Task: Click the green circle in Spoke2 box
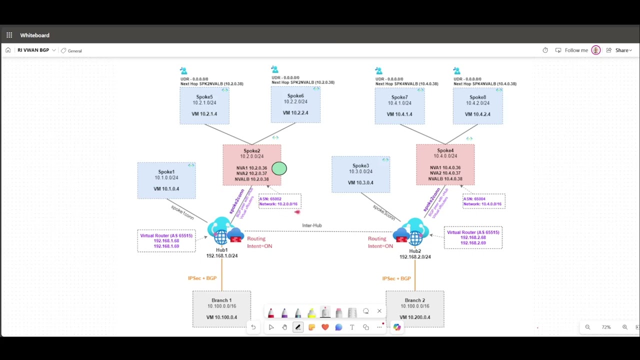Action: [279, 168]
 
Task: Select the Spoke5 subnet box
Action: [204, 105]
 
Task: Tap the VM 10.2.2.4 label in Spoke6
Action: [295, 113]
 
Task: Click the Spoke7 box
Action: [399, 105]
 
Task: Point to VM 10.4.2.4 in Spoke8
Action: [477, 114]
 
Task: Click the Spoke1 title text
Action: [166, 172]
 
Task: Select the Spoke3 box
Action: [360, 174]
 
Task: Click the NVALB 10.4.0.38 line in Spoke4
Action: [445, 179]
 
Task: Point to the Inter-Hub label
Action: [311, 225]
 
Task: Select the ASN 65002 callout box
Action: [279, 201]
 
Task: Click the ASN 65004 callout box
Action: [483, 201]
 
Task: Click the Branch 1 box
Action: [221, 308]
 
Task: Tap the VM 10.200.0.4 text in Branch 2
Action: [414, 317]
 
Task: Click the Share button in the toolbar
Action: [621, 50]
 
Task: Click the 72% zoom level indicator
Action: [606, 327]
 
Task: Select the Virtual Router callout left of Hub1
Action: [166, 240]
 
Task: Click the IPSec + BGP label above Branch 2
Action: [396, 278]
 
